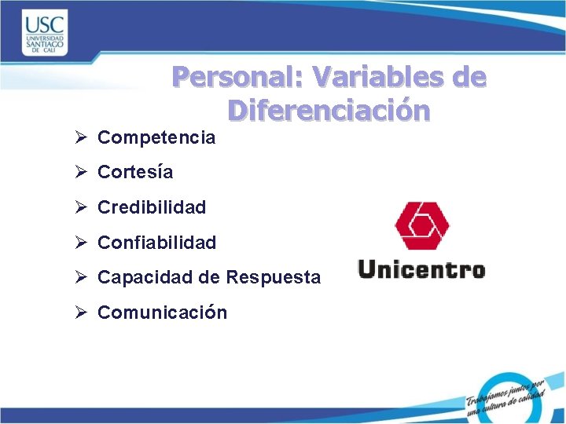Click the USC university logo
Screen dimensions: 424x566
pyautogui.click(x=45, y=32)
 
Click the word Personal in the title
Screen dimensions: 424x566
pyautogui.click(x=238, y=77)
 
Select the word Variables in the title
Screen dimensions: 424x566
pyautogui.click(x=377, y=77)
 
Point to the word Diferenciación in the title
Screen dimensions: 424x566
pyautogui.click(x=329, y=111)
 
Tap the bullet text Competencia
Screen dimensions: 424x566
pyautogui.click(x=156, y=138)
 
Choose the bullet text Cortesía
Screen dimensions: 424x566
pyautogui.click(x=134, y=172)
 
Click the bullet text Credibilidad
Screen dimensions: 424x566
pyautogui.click(x=151, y=207)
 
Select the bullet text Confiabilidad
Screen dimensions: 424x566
pyautogui.click(x=156, y=243)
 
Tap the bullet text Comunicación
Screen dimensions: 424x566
pyautogui.click(x=162, y=313)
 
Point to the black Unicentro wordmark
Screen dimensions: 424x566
pyautogui.click(x=421, y=270)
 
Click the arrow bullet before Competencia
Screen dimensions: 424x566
pyautogui.click(x=81, y=138)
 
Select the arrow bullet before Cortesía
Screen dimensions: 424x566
pyautogui.click(x=81, y=172)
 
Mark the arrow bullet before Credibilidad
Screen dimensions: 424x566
pyautogui.click(x=81, y=207)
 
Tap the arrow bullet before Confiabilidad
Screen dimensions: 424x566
pyautogui.click(x=81, y=243)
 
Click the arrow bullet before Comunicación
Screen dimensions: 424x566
pyautogui.click(x=81, y=313)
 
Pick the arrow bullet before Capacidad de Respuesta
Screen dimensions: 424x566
pyautogui.click(x=81, y=277)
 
